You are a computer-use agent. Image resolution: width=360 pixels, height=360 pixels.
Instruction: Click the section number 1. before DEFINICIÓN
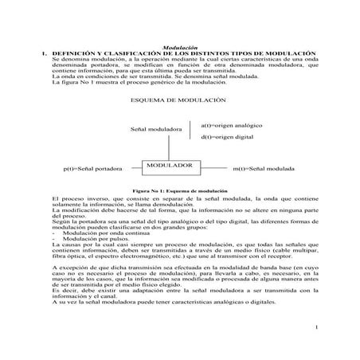point(45,53)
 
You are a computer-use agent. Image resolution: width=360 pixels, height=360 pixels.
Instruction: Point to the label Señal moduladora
point(155,129)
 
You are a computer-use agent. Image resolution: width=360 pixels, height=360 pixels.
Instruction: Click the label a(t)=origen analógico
point(231,125)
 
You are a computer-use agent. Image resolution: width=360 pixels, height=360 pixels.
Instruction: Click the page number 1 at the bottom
point(315,327)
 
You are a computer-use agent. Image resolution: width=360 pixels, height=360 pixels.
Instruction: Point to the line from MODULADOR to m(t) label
point(213,169)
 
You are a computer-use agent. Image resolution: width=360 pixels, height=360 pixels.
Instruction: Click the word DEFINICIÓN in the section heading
point(76,53)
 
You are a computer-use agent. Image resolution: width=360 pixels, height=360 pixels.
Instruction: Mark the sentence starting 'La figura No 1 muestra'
point(127,84)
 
